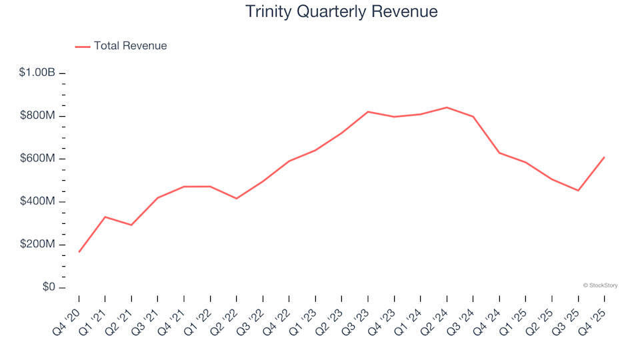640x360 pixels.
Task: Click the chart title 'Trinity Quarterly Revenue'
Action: pyautogui.click(x=341, y=12)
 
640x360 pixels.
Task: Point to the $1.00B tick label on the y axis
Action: pyautogui.click(x=37, y=73)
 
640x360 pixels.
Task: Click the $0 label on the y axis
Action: pyautogui.click(x=47, y=287)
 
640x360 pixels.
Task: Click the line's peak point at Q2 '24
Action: pyautogui.click(x=447, y=107)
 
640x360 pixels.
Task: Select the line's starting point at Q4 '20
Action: pyautogui.click(x=79, y=252)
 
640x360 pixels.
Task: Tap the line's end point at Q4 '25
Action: pyautogui.click(x=604, y=157)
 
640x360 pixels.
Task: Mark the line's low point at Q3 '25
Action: pyautogui.click(x=578, y=191)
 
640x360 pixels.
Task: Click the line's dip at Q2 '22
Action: pyautogui.click(x=237, y=199)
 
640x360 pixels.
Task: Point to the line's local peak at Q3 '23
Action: pyautogui.click(x=368, y=112)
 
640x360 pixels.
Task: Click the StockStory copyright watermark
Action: pyautogui.click(x=600, y=285)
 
